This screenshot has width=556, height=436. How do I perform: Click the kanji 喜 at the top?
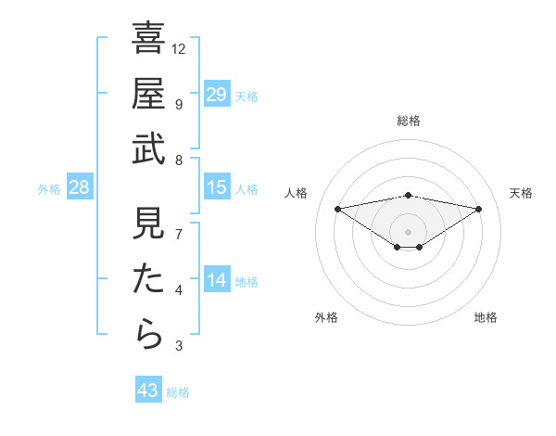[148, 40]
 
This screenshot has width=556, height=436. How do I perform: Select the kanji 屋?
[148, 94]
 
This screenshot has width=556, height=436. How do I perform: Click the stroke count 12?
[179, 48]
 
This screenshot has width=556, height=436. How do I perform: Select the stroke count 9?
[179, 104]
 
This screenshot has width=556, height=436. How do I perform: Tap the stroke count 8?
[179, 160]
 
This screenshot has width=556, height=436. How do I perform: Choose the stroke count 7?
[179, 235]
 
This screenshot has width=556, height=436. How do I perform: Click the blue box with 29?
[217, 95]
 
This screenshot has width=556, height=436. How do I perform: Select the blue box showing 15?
[217, 187]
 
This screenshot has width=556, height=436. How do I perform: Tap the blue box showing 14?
[217, 280]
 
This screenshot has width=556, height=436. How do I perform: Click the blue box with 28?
[80, 187]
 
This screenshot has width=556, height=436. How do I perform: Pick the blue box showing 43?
[148, 391]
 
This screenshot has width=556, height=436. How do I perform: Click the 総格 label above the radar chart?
[408, 122]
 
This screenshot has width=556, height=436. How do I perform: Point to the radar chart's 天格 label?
[521, 193]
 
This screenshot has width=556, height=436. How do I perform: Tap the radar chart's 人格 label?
[297, 193]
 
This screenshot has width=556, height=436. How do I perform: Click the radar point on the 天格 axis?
[478, 209]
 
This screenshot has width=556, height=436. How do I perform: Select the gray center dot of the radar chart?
[408, 231]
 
